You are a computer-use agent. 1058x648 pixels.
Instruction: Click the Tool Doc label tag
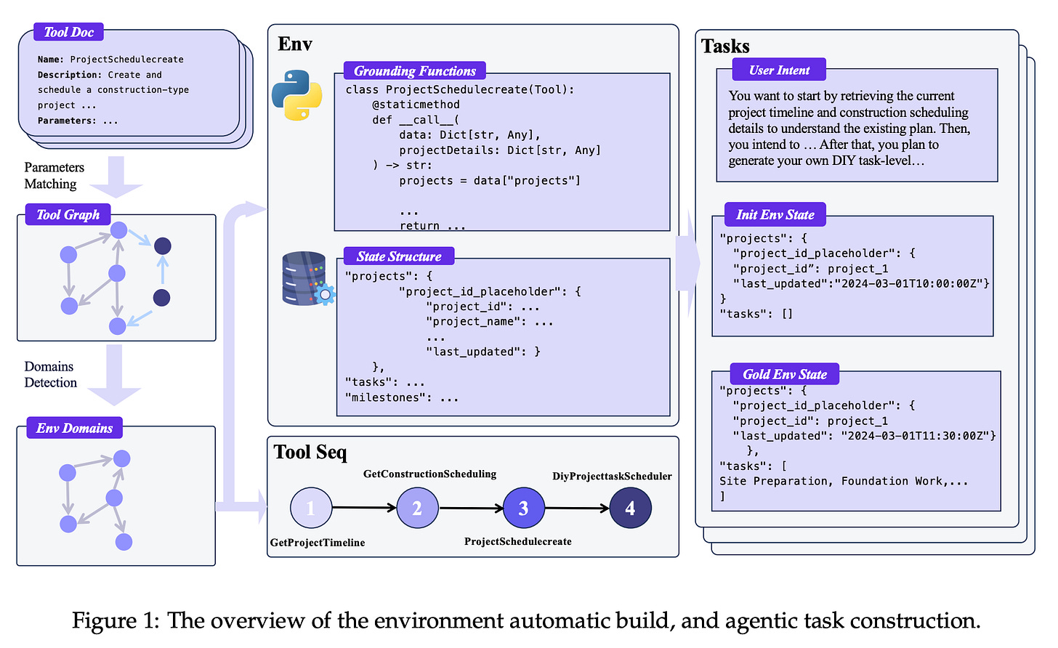coord(69,32)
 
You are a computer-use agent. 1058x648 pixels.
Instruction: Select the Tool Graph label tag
coord(68,214)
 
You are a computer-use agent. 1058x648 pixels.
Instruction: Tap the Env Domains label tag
coord(74,428)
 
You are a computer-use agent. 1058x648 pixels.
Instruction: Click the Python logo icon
coord(297,95)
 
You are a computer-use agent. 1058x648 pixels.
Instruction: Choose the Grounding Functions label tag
coord(414,70)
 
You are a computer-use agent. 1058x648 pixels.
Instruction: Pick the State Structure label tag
coord(399,256)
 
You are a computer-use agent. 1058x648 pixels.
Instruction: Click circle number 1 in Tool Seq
coord(311,508)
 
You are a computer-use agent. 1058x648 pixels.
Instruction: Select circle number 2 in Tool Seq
coord(417,508)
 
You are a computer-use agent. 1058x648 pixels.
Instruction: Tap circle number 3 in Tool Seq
coord(523,508)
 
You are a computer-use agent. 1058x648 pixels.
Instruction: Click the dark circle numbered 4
coord(630,508)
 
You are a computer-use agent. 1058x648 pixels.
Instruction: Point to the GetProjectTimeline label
coord(318,543)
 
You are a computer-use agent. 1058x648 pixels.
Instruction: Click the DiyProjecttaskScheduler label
coord(612,477)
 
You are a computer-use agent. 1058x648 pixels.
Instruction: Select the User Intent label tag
coord(779,70)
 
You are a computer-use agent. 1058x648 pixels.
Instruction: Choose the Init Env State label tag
coord(775,214)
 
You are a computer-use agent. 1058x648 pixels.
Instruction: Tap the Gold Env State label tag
coord(785,374)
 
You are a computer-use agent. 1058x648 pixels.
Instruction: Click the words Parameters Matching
coord(54,176)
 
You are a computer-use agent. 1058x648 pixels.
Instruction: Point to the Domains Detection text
coord(50,374)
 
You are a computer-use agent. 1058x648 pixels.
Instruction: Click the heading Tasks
coord(725,46)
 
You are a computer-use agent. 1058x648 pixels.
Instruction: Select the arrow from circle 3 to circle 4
coord(576,508)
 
